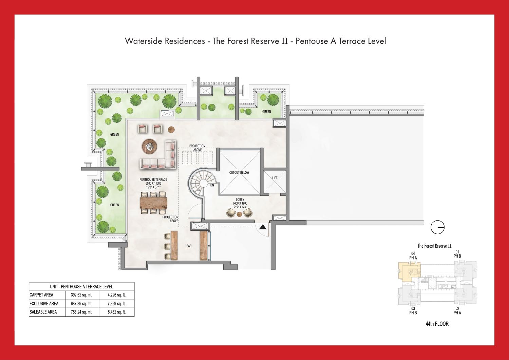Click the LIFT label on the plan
pos(275,178)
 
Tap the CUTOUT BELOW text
pos(239,172)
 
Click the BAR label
pos(189,246)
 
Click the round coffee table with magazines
pos(150,146)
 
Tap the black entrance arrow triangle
pos(263,227)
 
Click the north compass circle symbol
pos(437,227)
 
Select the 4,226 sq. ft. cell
pos(117,295)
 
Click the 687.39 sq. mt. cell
pos(81,304)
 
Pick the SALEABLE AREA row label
pos(43,312)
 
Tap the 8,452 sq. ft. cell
pos(117,312)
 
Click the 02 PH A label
pos(457,310)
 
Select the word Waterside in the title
pos(144,41)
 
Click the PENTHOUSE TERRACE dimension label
pos(153,183)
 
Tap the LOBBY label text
pos(240,200)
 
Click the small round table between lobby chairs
pos(239,214)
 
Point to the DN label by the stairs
pos(212,186)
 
